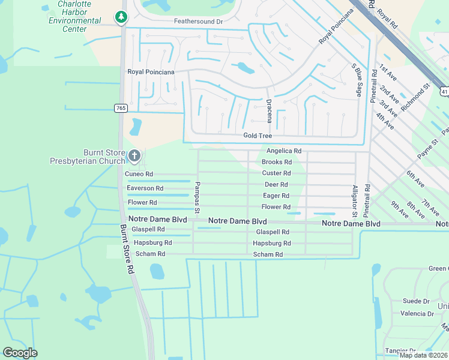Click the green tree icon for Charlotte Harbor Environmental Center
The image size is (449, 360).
click(122, 17)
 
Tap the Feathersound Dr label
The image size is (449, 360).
click(198, 21)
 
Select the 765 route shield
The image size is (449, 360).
click(121, 107)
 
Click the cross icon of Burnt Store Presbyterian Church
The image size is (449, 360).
click(134, 157)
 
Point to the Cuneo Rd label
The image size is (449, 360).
click(139, 174)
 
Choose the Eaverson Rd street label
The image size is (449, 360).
click(145, 188)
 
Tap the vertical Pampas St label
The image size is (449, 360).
click(196, 195)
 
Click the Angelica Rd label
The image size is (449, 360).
click(283, 151)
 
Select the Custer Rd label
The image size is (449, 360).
click(276, 173)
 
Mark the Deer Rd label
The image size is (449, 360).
click(276, 185)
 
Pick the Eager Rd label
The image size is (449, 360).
click(276, 196)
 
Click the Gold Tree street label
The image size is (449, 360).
click(258, 136)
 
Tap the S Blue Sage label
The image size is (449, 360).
click(358, 81)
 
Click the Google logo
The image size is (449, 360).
click(20, 353)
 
